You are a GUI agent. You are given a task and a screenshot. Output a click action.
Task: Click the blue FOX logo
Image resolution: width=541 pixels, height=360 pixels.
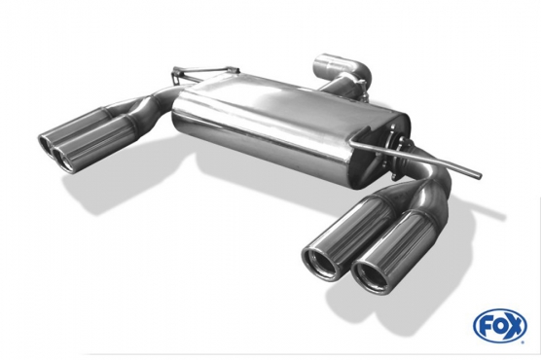(500, 325)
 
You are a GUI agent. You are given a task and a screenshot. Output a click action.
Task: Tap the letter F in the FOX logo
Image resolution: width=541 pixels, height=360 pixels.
(486, 326)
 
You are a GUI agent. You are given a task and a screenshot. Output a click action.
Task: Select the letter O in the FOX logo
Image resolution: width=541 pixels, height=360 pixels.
(499, 325)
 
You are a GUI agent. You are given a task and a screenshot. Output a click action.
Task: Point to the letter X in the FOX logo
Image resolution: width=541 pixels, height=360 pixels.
(515, 325)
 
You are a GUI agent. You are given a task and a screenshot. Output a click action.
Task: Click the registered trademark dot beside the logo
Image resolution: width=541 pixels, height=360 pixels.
(523, 342)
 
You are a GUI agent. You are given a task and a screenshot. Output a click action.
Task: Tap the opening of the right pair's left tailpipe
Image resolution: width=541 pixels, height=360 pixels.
(317, 262)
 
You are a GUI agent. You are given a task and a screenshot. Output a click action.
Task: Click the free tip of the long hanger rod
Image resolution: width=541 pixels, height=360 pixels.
(478, 175)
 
